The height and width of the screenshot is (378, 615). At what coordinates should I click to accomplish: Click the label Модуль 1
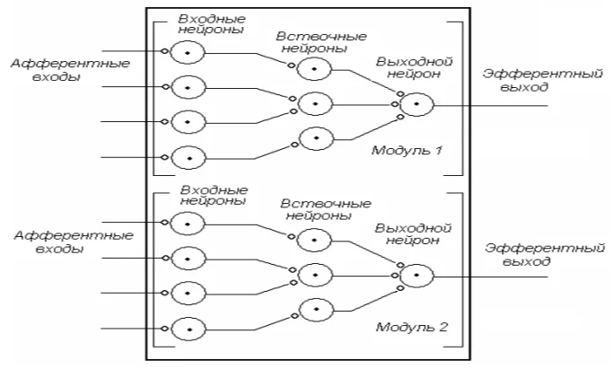[x=407, y=150]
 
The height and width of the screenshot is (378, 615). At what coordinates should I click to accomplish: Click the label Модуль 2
[x=411, y=327]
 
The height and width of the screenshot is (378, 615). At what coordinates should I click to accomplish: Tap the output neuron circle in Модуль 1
[x=417, y=104]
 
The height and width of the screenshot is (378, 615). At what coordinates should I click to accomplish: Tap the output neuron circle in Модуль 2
[x=417, y=276]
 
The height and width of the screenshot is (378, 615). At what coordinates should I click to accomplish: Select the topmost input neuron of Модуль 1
[x=188, y=53]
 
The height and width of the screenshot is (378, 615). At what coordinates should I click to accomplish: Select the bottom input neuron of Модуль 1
[x=189, y=158]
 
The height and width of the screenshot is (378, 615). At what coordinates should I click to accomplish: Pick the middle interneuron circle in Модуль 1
[x=315, y=104]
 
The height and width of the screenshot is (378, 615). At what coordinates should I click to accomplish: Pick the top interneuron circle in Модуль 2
[x=314, y=240]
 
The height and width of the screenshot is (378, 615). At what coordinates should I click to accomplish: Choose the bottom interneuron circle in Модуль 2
[x=316, y=310]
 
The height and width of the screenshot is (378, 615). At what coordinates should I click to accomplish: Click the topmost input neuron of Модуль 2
[x=188, y=224]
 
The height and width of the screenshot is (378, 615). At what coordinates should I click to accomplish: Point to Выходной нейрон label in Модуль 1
[x=414, y=67]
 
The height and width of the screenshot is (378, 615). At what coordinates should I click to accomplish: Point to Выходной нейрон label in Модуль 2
[x=413, y=234]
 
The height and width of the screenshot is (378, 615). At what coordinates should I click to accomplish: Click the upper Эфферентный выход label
[x=542, y=80]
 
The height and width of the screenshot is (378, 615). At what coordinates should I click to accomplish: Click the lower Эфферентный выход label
[x=544, y=254]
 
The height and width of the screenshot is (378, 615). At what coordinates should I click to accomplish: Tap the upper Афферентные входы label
[x=70, y=69]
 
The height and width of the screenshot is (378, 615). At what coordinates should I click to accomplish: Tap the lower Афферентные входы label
[x=74, y=242]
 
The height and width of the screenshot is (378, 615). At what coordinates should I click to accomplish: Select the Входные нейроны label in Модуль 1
[x=212, y=24]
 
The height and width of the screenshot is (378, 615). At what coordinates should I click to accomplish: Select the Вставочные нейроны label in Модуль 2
[x=326, y=209]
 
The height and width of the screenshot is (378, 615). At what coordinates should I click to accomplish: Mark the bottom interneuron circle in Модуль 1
[x=316, y=138]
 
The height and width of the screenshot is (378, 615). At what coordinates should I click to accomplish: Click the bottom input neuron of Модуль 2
[x=189, y=330]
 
